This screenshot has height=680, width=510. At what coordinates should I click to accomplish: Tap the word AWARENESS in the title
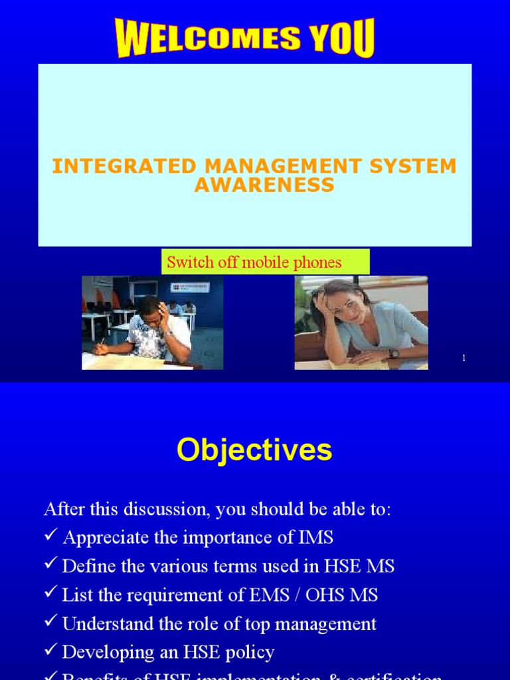point(264,185)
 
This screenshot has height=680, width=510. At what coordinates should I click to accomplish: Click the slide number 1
point(464,358)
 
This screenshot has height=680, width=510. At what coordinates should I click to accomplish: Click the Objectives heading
point(254,450)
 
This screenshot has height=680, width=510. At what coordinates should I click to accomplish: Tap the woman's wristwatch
point(394,353)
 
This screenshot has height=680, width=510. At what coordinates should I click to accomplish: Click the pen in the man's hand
point(102,342)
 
